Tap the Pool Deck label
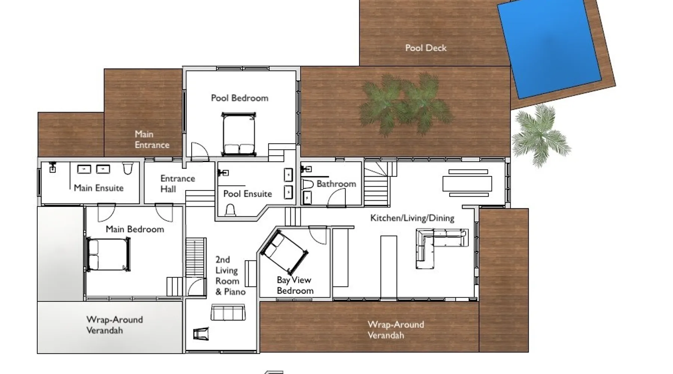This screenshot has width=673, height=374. click(426, 48)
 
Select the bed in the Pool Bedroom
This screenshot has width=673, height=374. click(239, 134)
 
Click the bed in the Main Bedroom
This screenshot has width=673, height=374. click(108, 254)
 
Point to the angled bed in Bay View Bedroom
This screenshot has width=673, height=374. click(285, 252)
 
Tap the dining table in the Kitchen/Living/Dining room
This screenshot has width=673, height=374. click(468, 183)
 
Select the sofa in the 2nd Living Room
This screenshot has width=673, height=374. click(228, 312)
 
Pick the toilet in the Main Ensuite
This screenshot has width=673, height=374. click(127, 169)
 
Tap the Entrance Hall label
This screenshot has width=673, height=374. click(178, 184)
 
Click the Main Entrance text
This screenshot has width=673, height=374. click(152, 140)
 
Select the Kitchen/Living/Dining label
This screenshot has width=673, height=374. click(412, 218)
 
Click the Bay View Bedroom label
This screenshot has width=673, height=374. click(295, 285)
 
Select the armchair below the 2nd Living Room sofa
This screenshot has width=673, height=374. click(201, 334)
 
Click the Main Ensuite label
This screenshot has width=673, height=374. click(98, 188)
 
